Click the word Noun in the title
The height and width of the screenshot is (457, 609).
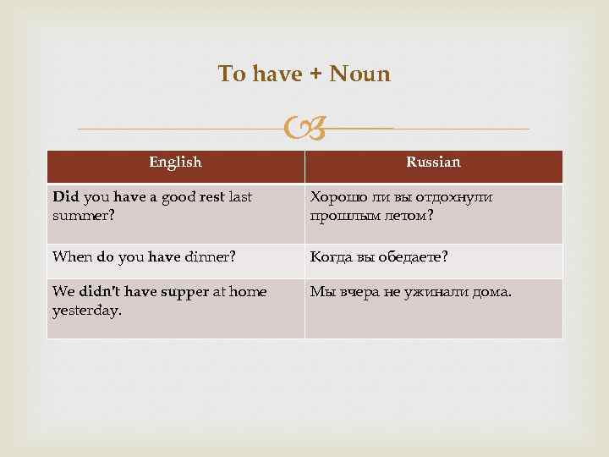pyautogui.click(x=359, y=74)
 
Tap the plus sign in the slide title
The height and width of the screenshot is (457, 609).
pyautogui.click(x=314, y=74)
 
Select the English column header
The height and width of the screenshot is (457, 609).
pyautogui.click(x=175, y=162)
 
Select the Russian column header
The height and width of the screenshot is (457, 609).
pyautogui.click(x=433, y=162)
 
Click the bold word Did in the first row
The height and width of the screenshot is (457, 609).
pyautogui.click(x=65, y=196)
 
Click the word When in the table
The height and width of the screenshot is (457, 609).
pyautogui.click(x=71, y=256)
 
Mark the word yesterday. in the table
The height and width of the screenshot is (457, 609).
pyautogui.click(x=86, y=310)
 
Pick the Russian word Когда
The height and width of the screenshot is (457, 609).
pyautogui.click(x=333, y=256)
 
